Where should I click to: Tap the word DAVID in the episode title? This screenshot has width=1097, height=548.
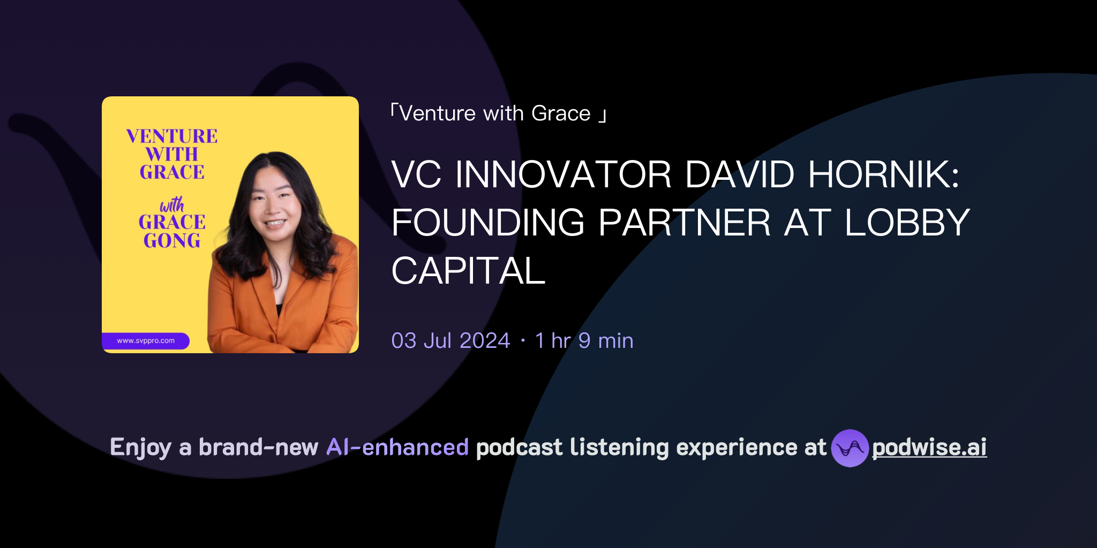click(739, 174)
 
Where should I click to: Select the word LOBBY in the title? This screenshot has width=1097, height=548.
click(907, 223)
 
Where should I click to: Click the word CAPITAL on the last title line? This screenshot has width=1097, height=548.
click(468, 271)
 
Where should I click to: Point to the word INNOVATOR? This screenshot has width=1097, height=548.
click(562, 174)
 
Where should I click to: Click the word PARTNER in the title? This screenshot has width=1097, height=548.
click(684, 223)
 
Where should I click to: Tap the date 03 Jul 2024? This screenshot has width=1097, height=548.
click(450, 341)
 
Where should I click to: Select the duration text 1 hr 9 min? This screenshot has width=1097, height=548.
click(584, 341)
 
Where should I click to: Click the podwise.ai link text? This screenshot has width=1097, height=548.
click(929, 447)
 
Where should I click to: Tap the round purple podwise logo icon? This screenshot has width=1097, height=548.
click(850, 448)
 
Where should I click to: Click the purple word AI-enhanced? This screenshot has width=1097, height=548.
click(397, 447)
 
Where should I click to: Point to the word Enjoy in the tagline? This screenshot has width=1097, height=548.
click(141, 447)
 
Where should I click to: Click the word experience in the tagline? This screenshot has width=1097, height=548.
click(737, 447)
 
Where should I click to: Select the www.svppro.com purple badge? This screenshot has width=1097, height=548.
click(146, 341)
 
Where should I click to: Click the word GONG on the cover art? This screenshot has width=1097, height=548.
click(172, 241)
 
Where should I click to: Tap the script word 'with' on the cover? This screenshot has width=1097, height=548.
click(172, 204)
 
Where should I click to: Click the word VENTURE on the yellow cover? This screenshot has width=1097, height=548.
click(172, 136)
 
